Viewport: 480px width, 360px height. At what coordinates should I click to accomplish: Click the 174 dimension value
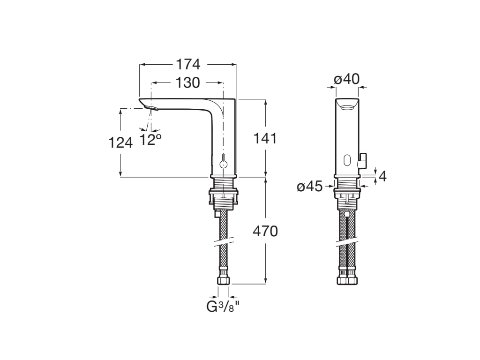pyautogui.click(x=188, y=65)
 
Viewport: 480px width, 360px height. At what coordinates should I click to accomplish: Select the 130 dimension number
pyautogui.click(x=187, y=82)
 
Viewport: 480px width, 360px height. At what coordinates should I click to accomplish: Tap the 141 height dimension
pyautogui.click(x=265, y=138)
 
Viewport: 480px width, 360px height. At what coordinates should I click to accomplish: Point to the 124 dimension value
pyautogui.click(x=120, y=142)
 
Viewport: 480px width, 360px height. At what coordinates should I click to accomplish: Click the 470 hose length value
pyautogui.click(x=265, y=232)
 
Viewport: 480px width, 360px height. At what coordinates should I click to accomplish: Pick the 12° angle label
pyautogui.click(x=150, y=140)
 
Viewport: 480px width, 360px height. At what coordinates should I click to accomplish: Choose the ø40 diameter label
pyautogui.click(x=347, y=79)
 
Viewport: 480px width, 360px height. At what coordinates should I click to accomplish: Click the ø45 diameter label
pyautogui.click(x=310, y=187)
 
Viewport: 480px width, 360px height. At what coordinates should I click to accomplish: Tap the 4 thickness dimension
pyautogui.click(x=382, y=177)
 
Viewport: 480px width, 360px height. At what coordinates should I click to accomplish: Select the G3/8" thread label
pyautogui.click(x=223, y=307)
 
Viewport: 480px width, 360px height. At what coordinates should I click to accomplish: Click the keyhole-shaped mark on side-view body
pyautogui.click(x=224, y=161)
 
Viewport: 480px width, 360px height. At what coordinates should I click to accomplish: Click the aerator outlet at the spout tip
pyautogui.click(x=151, y=108)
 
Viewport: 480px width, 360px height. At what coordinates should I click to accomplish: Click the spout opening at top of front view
pyautogui.click(x=347, y=107)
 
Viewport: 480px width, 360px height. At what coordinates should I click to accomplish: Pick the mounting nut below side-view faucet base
pyautogui.click(x=223, y=196)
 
